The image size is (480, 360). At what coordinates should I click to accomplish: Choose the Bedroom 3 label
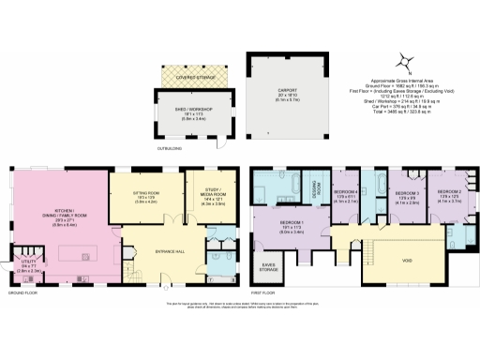404,198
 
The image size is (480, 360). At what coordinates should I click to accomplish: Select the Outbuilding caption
169,146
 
